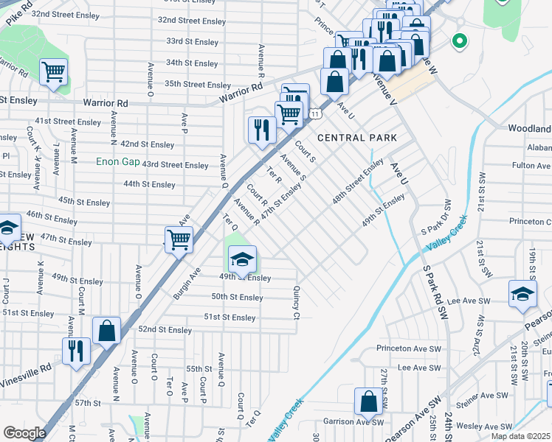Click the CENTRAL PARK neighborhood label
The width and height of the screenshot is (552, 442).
point(357,138)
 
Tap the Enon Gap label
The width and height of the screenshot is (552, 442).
point(119,161)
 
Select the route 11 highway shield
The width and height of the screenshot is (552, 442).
point(315,114)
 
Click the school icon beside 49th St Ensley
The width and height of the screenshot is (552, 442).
point(242,260)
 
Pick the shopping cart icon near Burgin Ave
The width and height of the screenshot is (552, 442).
point(179,239)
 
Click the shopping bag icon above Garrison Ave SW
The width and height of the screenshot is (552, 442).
point(368,402)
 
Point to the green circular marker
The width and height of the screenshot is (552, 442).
point(459,41)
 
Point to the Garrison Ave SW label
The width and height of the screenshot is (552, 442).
point(354,422)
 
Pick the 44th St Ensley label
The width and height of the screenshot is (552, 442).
point(149,184)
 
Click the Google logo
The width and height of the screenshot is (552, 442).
point(24,433)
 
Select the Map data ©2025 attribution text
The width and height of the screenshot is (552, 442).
point(520,436)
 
